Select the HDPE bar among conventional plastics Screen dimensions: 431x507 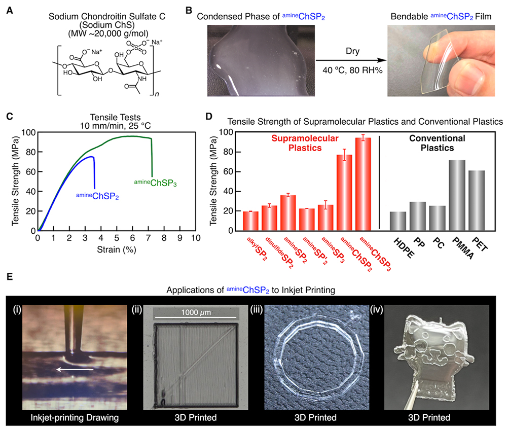point(397,221)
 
